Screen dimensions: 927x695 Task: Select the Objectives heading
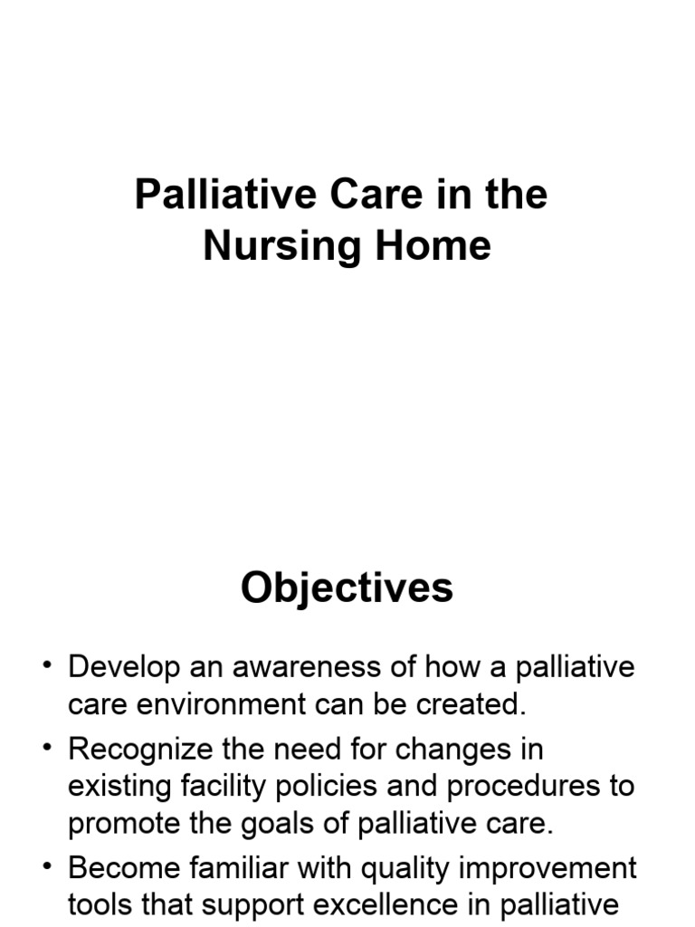[x=347, y=588]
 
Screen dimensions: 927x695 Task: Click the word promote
[x=124, y=826]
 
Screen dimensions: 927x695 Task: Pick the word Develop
[x=124, y=669]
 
